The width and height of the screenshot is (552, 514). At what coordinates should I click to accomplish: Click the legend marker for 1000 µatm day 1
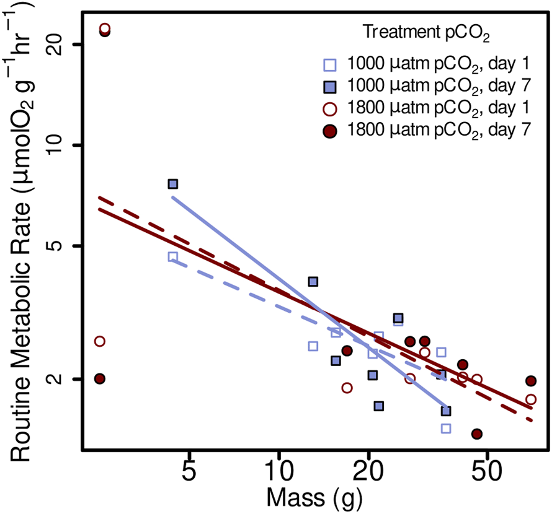(x=331, y=64)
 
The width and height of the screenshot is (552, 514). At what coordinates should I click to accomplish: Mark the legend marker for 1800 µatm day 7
(x=331, y=131)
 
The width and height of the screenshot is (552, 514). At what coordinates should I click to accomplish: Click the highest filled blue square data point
(x=173, y=184)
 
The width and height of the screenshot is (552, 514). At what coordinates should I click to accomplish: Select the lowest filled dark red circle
(x=476, y=434)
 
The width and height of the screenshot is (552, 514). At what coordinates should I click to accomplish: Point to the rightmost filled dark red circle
(x=530, y=381)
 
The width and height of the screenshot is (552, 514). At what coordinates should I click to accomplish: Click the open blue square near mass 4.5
(x=173, y=257)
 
